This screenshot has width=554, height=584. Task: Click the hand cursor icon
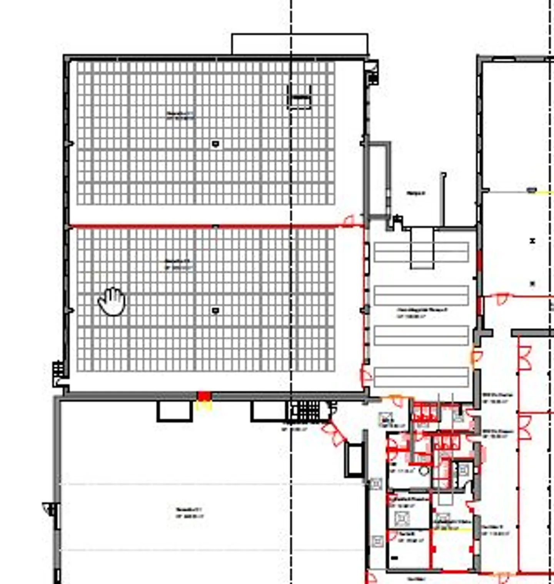pos(112,301)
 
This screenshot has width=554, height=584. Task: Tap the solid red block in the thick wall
pos(204,396)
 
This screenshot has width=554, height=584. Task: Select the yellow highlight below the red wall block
pos(204,405)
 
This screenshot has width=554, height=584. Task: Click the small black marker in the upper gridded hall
pos(215,144)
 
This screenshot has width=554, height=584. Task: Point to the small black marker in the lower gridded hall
pos(215,310)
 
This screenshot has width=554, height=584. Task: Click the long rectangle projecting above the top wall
pos(300,44)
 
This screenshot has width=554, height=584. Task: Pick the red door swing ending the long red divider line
pos(349,221)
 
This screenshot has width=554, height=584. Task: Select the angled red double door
pos(334,433)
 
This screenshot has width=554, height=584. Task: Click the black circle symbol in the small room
pos(424,470)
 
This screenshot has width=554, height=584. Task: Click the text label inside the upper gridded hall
pos(180,115)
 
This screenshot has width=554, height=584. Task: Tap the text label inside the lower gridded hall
pos(178,264)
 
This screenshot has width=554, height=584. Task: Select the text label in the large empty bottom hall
pos(189,513)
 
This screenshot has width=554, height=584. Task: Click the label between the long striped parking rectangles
pos(422,312)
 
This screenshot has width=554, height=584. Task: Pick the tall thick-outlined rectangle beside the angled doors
pos(354,460)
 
